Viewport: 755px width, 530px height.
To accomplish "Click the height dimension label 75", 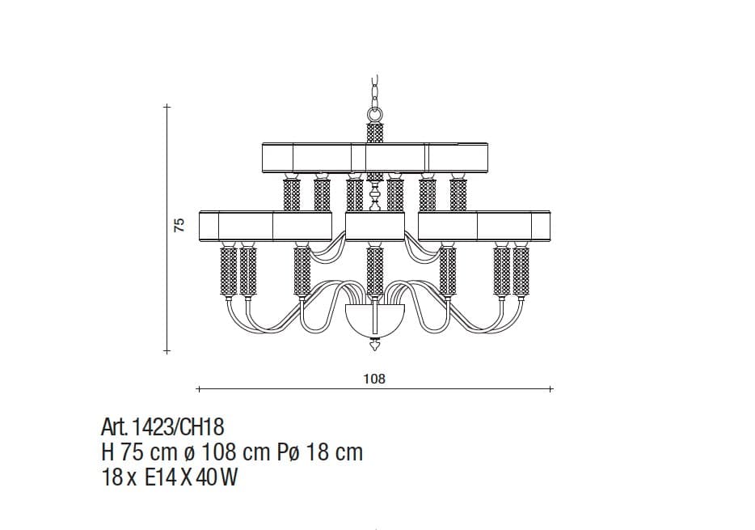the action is point(179,225).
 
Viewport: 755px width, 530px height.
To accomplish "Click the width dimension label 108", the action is point(374,379).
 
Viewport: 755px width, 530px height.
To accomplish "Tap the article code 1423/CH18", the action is point(178,427).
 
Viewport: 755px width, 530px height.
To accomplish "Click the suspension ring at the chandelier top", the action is point(375,115).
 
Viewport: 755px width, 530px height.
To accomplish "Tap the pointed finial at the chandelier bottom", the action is point(374,346).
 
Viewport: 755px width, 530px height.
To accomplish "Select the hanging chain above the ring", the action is point(375,91).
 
